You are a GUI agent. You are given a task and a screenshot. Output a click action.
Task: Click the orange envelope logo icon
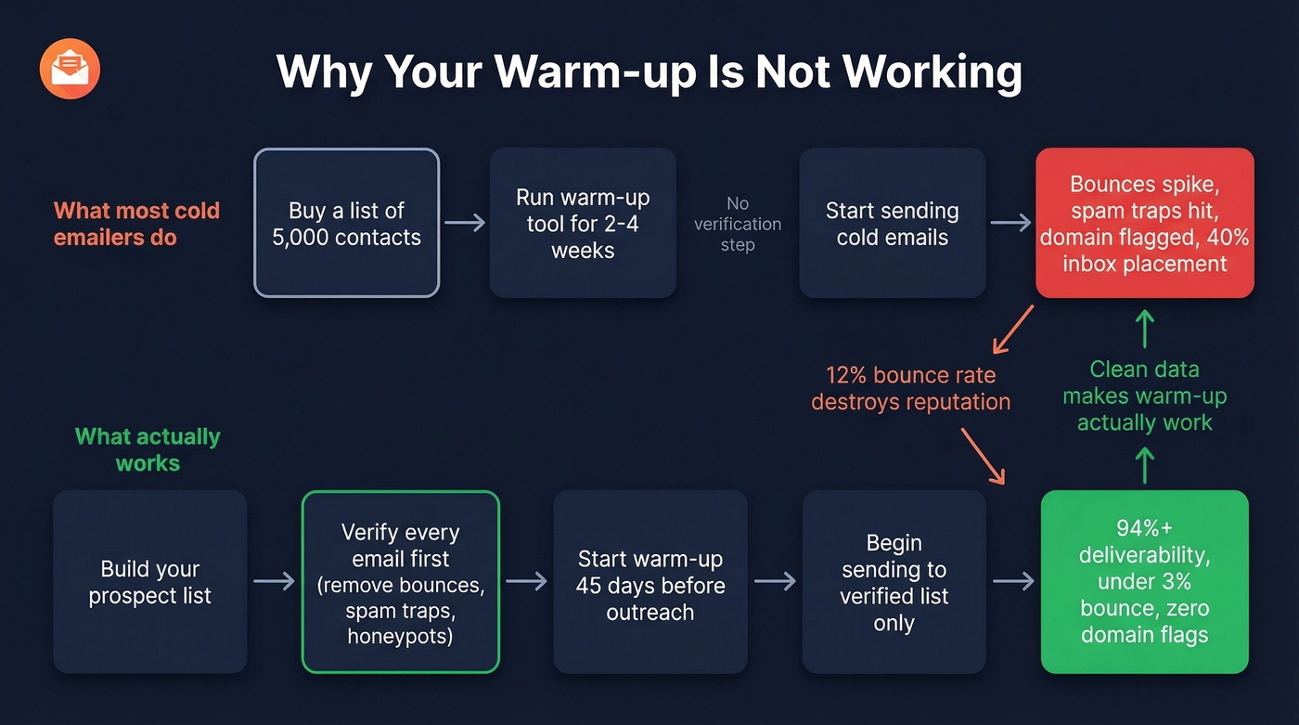70,70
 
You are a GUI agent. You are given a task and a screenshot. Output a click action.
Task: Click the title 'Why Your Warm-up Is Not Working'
649,71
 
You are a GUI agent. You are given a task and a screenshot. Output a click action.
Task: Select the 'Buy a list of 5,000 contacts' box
346,223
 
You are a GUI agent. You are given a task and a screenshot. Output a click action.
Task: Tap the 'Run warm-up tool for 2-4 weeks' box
583,223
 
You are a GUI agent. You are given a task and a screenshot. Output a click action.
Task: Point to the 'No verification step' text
738,224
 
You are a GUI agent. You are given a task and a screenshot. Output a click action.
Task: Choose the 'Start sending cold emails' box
892,223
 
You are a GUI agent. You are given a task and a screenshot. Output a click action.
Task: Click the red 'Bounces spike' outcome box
1144,223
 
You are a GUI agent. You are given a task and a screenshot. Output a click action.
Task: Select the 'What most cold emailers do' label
136,223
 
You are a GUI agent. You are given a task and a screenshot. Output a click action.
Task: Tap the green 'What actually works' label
148,449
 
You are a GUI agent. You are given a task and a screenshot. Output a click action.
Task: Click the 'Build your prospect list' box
149,582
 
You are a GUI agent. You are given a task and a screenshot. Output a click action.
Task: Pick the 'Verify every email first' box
401,582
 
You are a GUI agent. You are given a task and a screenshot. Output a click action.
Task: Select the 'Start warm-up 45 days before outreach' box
649,582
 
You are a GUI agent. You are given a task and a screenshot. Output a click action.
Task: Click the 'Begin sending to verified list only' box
894,582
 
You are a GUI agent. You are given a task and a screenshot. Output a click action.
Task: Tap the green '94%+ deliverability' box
1144,582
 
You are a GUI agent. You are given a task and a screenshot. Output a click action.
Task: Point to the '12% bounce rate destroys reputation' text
910,389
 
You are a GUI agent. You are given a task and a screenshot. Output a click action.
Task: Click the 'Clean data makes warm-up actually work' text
1144,395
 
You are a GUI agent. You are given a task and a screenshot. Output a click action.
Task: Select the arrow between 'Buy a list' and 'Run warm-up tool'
465,223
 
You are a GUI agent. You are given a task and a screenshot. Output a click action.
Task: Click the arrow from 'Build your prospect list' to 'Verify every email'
274,582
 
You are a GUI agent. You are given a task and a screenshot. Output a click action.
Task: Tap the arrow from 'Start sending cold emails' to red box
1010,223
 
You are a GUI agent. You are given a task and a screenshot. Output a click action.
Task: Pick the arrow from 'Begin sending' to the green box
1013,582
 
